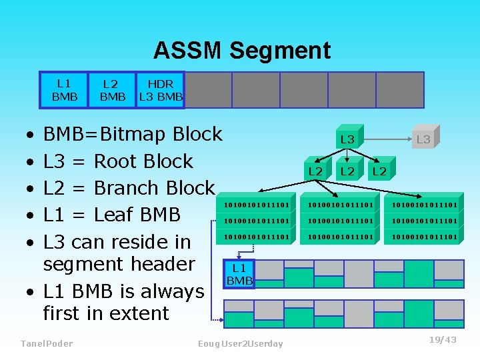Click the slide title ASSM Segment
241,51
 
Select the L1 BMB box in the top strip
64,90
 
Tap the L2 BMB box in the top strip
112,90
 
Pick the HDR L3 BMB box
160,90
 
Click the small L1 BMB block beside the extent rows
239,274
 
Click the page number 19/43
443,340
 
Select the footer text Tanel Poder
47,343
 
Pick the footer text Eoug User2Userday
240,343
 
